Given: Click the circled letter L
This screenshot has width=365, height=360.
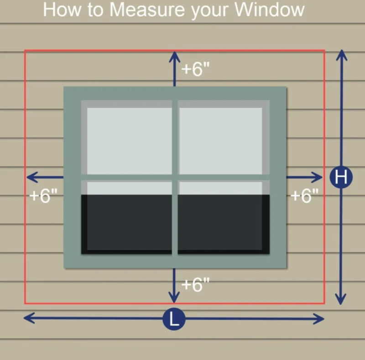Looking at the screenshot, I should (174, 318).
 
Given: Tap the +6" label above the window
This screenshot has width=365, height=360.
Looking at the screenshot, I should (196, 69).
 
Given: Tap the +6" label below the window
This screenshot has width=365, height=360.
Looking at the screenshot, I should (196, 285).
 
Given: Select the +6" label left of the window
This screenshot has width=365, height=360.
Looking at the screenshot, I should (43, 196).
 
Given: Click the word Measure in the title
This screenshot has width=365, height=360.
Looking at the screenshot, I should (148, 9).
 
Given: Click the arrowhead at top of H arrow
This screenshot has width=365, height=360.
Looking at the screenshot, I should (341, 54).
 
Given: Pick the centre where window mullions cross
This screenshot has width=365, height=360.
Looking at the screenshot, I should (175, 177).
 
